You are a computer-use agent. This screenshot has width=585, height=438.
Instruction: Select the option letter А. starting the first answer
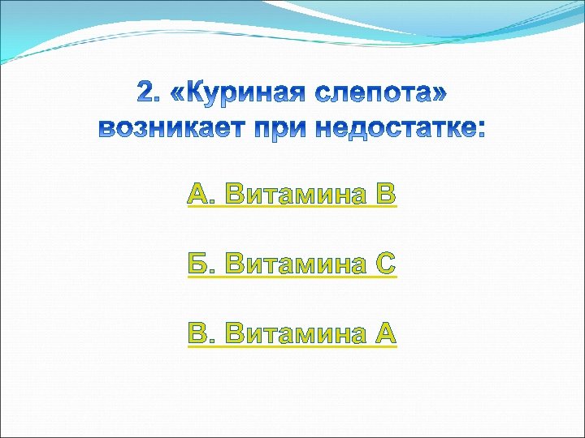point(201,194)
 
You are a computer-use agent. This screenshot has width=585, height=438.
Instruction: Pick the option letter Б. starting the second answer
point(201,264)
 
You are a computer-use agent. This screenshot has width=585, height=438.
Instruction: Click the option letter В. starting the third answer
point(201,333)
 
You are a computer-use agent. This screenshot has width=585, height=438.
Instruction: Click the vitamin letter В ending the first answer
point(385,194)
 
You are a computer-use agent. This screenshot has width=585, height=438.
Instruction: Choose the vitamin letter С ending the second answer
point(385,264)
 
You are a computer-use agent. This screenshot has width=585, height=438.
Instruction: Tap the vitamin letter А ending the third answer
point(385,333)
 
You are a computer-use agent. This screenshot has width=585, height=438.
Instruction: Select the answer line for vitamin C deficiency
point(292,264)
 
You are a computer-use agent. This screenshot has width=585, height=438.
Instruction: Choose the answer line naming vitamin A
point(292,333)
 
